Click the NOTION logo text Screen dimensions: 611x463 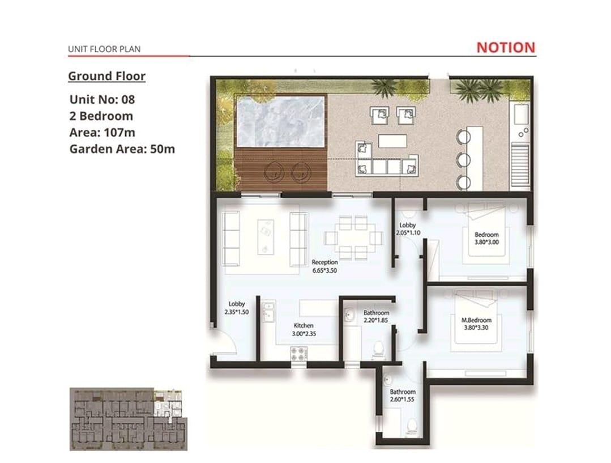pyautogui.click(x=506, y=48)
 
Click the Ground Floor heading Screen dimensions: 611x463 pyautogui.click(x=107, y=76)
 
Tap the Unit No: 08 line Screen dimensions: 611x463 pyautogui.click(x=102, y=100)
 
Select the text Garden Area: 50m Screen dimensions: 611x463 pyautogui.click(x=122, y=149)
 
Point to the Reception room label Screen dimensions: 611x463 pyautogui.click(x=324, y=266)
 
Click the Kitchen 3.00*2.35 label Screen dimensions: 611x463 pyautogui.click(x=304, y=330)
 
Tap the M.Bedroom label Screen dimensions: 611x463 pyautogui.click(x=476, y=324)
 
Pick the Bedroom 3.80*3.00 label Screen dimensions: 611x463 pyautogui.click(x=486, y=239)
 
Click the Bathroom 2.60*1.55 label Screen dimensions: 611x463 pyautogui.click(x=403, y=396)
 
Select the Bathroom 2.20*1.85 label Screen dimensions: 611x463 pyautogui.click(x=376, y=316)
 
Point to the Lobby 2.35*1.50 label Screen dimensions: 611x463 pyautogui.click(x=237, y=308)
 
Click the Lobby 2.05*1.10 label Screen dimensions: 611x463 pyautogui.click(x=408, y=229)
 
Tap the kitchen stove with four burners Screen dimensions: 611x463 pyautogui.click(x=299, y=354)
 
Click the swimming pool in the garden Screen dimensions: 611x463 pyautogui.click(x=280, y=121)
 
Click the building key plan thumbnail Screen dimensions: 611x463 pyautogui.click(x=129, y=419)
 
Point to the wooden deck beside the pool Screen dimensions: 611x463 pyautogui.click(x=281, y=169)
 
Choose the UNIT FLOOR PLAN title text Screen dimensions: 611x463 pyautogui.click(x=104, y=49)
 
